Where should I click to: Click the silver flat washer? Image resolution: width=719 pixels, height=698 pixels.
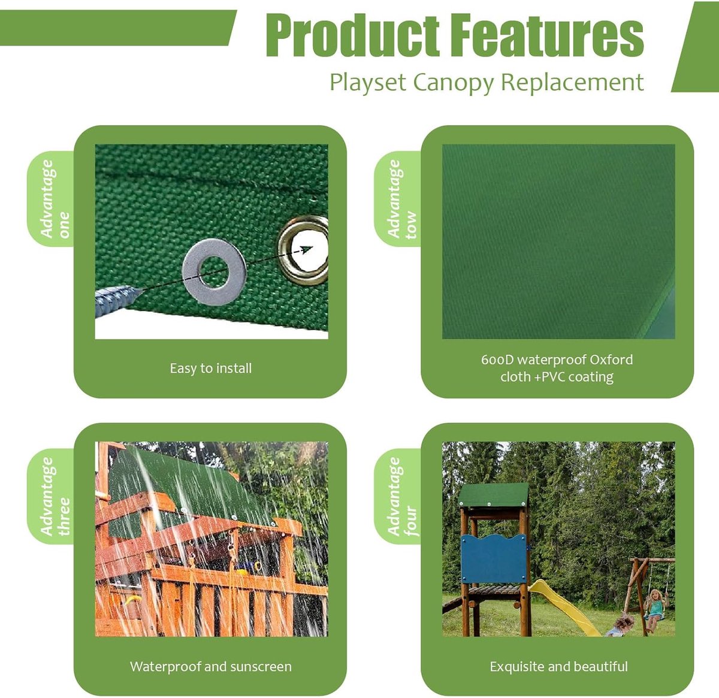tap(215, 271)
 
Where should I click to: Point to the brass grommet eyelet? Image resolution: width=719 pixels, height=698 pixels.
tap(304, 250)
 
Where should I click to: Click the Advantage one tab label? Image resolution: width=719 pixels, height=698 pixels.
tap(55, 198)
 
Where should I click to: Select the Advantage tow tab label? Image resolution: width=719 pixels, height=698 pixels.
tap(401, 198)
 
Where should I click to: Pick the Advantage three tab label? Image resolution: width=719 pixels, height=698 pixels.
tap(55, 496)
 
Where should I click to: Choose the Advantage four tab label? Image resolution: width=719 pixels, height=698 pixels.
tap(401, 496)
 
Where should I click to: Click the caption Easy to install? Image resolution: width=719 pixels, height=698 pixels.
tap(210, 368)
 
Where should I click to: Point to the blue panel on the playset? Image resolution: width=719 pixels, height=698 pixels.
tap(494, 558)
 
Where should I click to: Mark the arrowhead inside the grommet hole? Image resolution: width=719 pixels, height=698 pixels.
tap(306, 249)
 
